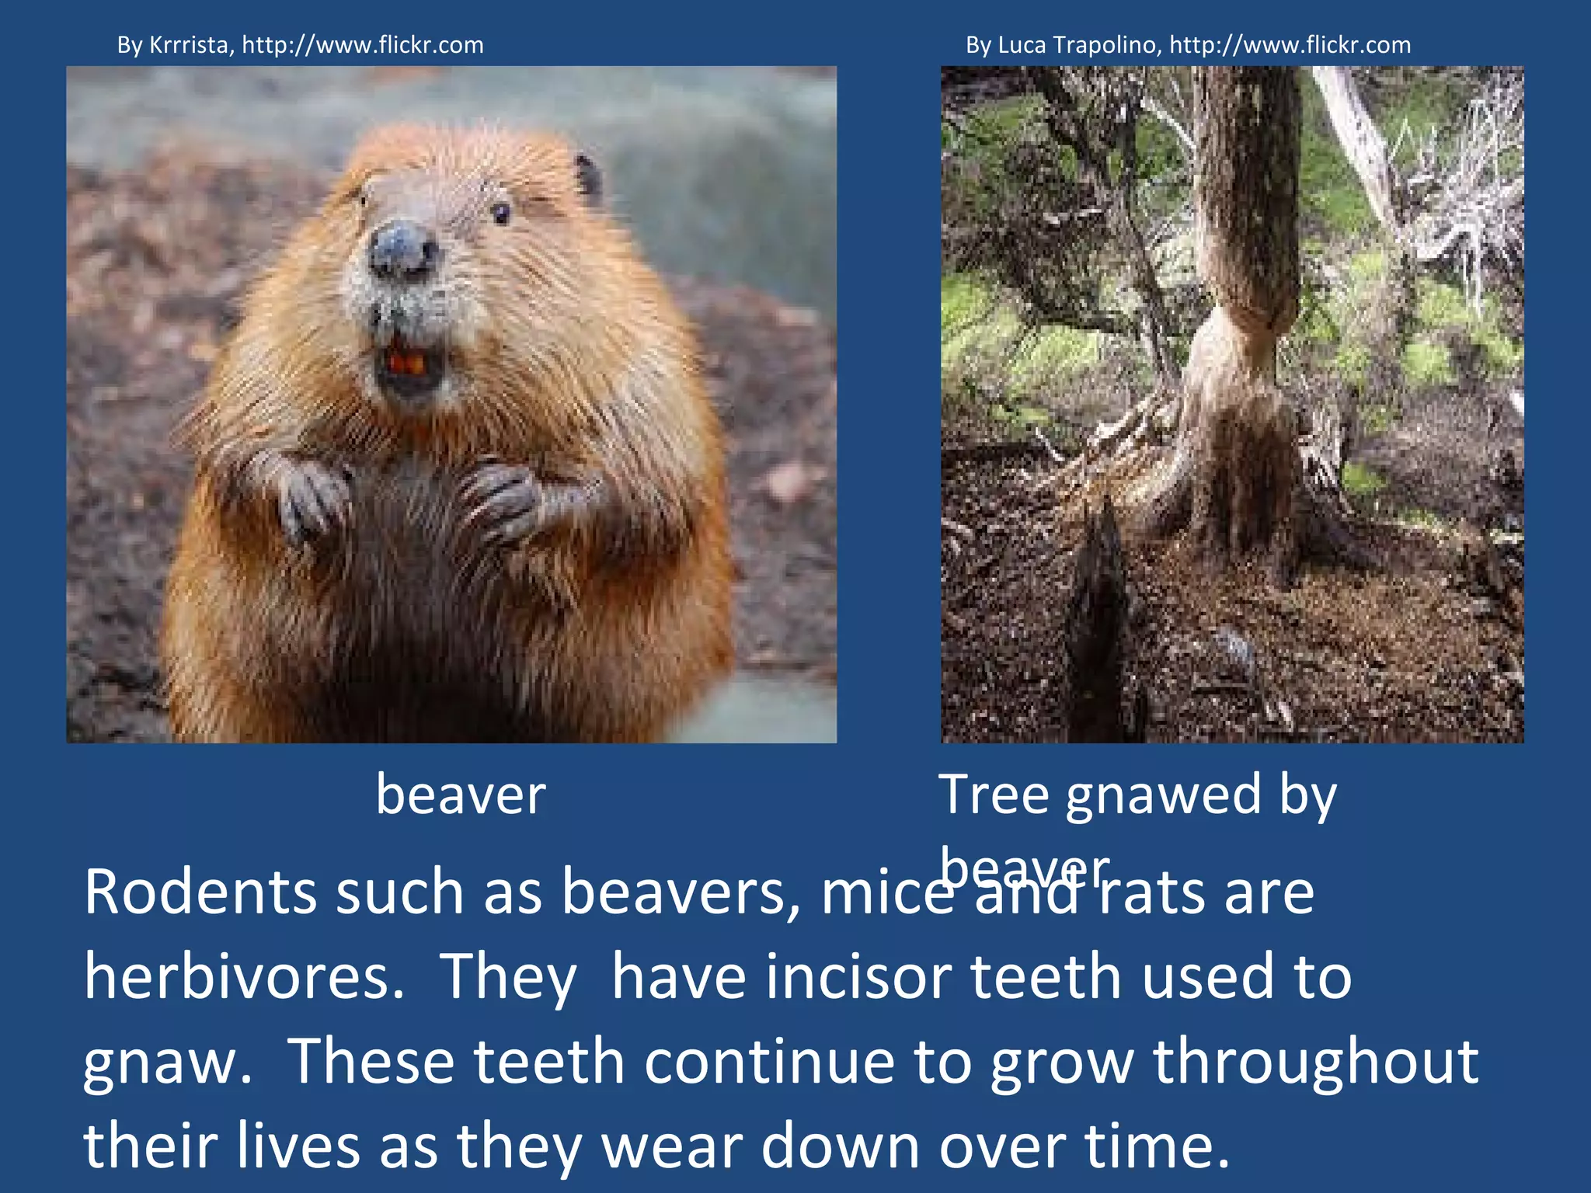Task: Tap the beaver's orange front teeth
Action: (407, 362)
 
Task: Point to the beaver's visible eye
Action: (501, 212)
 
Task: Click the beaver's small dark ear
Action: (588, 177)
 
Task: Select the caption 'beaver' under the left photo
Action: (461, 795)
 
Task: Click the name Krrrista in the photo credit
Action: (189, 45)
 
